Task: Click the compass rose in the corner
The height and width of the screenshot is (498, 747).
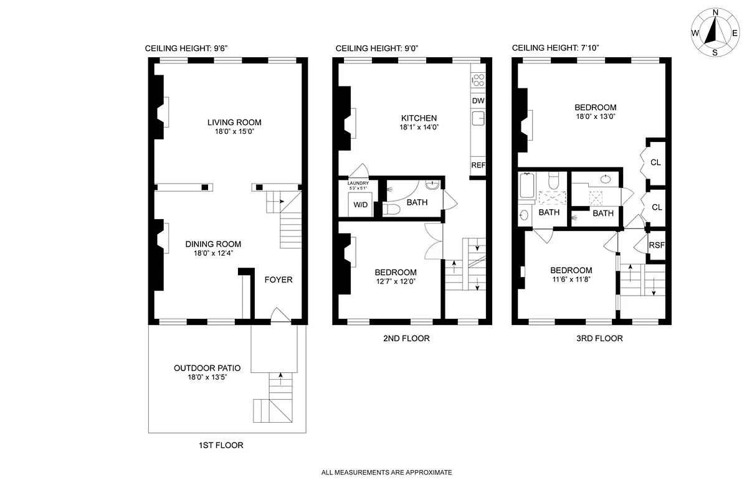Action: point(715,32)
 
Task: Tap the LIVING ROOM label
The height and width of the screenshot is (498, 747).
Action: point(234,122)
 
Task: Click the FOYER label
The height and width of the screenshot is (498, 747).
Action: point(278,280)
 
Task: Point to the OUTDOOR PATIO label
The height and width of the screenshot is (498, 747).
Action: point(207,368)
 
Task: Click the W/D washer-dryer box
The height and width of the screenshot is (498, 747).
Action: point(360,205)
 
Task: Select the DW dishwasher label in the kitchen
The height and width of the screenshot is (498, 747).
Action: point(478,101)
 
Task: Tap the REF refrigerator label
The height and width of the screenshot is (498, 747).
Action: point(478,166)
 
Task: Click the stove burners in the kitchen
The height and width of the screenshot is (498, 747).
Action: point(478,80)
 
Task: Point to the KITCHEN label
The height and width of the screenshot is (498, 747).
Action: point(419,118)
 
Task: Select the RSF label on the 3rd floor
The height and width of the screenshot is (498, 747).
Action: point(657,245)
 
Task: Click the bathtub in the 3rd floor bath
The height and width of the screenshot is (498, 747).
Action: point(526,186)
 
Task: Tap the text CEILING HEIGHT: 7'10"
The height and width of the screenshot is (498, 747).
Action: point(555,48)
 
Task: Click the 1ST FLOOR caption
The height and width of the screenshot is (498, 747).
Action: point(221,445)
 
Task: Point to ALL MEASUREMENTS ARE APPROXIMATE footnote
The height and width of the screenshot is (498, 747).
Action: point(386,472)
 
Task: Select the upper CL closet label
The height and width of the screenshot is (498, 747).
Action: point(655,162)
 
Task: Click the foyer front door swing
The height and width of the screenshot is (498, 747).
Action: point(280,316)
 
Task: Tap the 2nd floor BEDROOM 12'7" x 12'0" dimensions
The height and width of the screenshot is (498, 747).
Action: point(396,281)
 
